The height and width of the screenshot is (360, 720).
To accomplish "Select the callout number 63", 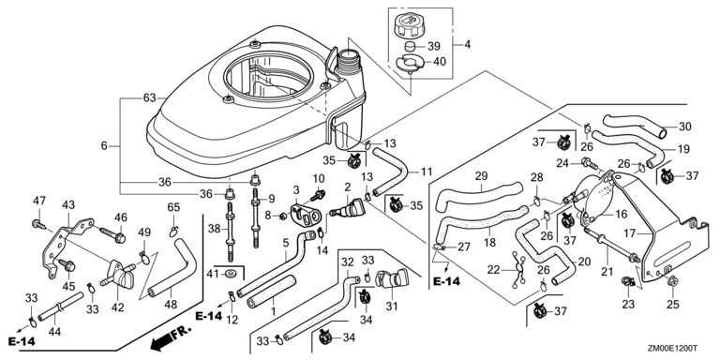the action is [x=150, y=97].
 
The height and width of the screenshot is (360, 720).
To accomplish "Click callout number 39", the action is [x=433, y=46].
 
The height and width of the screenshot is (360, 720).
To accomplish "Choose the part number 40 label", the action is [x=440, y=62].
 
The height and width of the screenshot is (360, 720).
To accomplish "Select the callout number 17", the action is [x=630, y=233].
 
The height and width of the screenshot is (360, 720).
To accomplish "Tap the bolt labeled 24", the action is [x=589, y=162].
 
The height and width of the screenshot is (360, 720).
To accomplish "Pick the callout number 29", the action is [x=481, y=175].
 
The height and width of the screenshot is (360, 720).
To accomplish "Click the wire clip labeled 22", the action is [x=517, y=270].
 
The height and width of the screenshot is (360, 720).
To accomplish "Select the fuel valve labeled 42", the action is [x=118, y=276].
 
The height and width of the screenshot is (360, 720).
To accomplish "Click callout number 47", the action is [x=39, y=201].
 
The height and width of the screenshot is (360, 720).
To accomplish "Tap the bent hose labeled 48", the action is [x=174, y=270].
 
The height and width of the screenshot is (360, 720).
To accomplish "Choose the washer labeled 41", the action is [x=229, y=274].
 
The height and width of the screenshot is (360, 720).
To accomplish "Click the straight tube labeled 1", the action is [x=271, y=292].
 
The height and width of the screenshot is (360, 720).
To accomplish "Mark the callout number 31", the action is [x=391, y=306].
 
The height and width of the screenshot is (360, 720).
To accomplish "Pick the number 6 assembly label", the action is [x=104, y=146].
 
